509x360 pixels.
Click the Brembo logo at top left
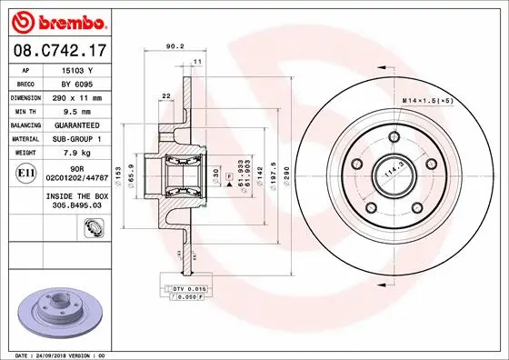coord(62,21)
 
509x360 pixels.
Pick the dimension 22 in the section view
coord(166,96)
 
